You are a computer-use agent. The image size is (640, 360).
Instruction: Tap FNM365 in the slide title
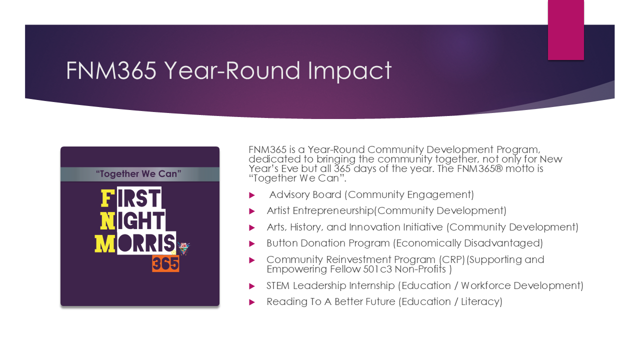pos(111,70)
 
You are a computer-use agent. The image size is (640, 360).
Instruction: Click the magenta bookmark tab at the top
pos(565,30)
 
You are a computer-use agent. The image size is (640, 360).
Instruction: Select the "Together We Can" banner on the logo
pos(139,174)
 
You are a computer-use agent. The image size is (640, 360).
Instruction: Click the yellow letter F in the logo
pos(105,198)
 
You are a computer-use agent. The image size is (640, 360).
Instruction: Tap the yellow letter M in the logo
pos(105,243)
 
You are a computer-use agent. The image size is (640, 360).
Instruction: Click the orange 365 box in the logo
pos(165,263)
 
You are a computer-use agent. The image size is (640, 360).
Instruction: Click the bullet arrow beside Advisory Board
pos(252,195)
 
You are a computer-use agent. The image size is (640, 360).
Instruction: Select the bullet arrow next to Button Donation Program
pos(252,243)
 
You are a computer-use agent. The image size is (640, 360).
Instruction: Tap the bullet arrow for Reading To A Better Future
pos(252,302)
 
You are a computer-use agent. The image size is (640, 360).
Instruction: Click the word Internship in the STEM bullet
pos(371,286)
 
